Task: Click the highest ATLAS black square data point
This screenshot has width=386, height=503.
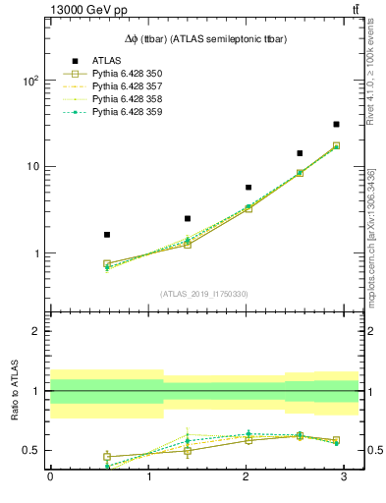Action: click(336, 125)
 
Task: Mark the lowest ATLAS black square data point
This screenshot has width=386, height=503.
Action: click(107, 235)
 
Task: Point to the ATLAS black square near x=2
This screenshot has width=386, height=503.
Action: click(248, 188)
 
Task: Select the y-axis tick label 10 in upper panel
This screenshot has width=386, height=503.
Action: click(32, 167)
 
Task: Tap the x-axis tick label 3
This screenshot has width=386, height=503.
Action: click(343, 476)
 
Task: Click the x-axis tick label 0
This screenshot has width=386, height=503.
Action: click(50, 476)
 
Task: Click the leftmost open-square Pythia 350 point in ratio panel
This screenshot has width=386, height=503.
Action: click(107, 457)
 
